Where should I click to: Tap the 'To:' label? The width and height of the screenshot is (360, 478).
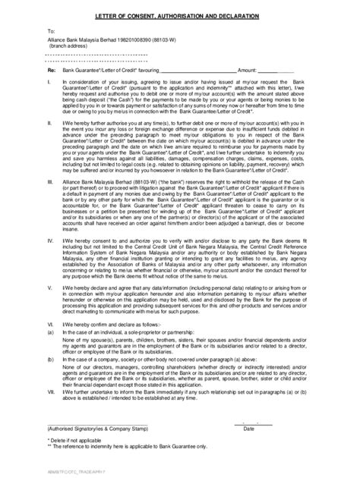coord(52,33)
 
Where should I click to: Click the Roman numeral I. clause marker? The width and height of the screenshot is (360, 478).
coord(49,80)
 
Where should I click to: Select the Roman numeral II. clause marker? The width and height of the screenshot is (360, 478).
coord(50,120)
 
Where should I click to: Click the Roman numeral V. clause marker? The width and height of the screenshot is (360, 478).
coord(50,288)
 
